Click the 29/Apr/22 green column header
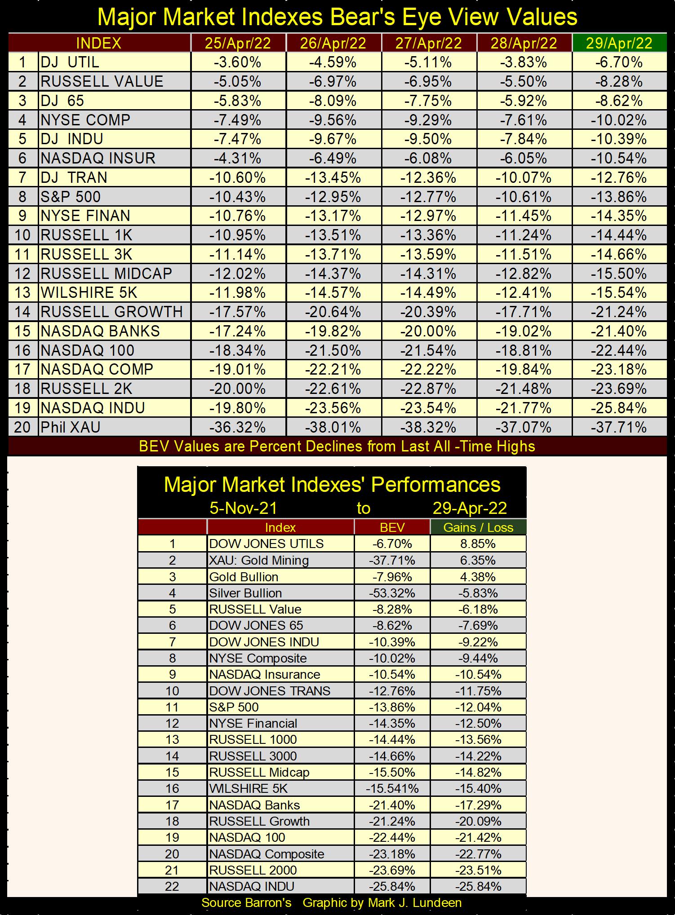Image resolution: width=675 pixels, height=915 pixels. [619, 43]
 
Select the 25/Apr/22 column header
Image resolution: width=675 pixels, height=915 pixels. [238, 43]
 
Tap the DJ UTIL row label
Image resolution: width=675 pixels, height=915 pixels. [70, 62]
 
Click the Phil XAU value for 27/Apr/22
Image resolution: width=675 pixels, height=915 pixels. [428, 427]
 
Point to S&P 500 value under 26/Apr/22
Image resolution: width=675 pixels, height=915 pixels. [333, 197]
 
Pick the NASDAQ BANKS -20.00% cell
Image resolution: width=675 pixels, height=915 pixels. [428, 331]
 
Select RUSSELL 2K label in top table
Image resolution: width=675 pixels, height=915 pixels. [87, 389]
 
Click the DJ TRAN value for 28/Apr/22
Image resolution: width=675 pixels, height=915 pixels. [524, 177]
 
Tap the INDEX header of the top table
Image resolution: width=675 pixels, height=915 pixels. [99, 43]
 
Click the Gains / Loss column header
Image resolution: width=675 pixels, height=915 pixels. [478, 527]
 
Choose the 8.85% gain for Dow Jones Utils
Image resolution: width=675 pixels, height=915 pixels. [478, 544]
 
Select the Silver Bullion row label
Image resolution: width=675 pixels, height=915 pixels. [245, 593]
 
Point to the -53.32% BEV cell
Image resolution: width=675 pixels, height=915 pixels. [392, 593]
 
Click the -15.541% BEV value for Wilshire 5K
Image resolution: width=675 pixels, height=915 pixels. [392, 788]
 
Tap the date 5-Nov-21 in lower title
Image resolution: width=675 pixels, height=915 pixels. [243, 508]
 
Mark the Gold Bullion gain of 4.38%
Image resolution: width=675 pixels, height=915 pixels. [478, 577]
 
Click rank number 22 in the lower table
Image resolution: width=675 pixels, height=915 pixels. [172, 886]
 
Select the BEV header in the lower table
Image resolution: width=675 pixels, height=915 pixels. [392, 527]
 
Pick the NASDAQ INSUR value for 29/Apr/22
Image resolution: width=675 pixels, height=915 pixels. [619, 158]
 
